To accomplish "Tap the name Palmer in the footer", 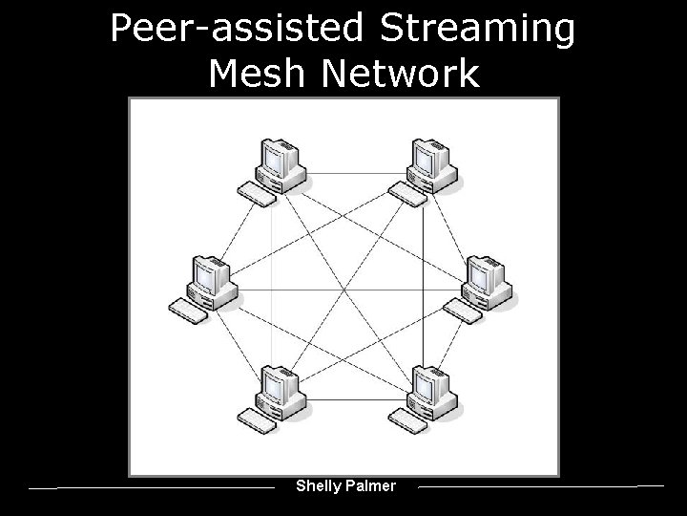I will pyautogui.click(x=372, y=485).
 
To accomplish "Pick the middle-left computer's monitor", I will pyautogui.click(x=207, y=276).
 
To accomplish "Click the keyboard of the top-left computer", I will pyautogui.click(x=257, y=193).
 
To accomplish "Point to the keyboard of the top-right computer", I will pyautogui.click(x=408, y=194).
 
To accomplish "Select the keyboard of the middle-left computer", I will pyautogui.click(x=188, y=310).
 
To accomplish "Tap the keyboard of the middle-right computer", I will pyautogui.click(x=464, y=311).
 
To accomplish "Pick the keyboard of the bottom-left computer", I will pyautogui.click(x=257, y=419).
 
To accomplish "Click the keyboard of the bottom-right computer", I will pyautogui.click(x=408, y=420).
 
